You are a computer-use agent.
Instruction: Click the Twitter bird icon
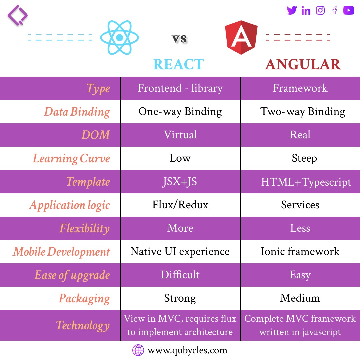(x=292, y=11)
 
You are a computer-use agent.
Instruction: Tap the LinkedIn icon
(x=306, y=11)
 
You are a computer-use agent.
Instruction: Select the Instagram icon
(x=320, y=11)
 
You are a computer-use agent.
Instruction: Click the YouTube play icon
(x=348, y=11)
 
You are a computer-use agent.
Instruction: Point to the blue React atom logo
(x=119, y=38)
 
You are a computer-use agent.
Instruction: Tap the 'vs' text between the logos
(x=179, y=39)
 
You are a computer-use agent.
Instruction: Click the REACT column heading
(x=178, y=64)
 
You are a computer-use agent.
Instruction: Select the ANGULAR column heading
(x=303, y=64)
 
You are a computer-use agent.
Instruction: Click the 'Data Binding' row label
(x=77, y=112)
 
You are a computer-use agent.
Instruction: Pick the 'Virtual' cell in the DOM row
(x=180, y=135)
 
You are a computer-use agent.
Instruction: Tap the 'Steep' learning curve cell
(x=304, y=158)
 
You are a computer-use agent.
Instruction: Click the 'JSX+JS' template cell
(x=180, y=182)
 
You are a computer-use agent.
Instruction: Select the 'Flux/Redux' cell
(x=180, y=205)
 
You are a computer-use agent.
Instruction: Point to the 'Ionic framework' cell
(x=300, y=251)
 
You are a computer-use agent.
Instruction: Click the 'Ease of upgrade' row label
(x=72, y=275)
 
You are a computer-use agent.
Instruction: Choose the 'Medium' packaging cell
(x=300, y=298)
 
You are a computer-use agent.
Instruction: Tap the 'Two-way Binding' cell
(x=303, y=112)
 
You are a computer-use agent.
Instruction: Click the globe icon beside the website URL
(x=138, y=350)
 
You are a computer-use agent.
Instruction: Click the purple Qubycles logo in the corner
(x=17, y=15)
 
